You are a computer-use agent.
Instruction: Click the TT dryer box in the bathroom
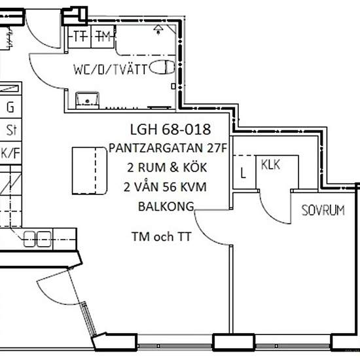(x=80, y=37)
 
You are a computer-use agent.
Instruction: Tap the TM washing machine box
(x=103, y=37)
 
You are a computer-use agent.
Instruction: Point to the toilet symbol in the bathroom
(x=162, y=67)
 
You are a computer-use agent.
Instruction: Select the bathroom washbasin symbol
(x=87, y=100)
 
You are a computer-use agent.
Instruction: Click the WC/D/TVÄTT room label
(x=110, y=69)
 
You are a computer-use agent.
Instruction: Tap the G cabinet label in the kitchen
(x=10, y=107)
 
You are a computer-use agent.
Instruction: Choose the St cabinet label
(x=11, y=130)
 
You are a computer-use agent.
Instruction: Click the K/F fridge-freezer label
(x=10, y=153)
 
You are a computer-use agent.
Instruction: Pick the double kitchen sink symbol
(x=37, y=239)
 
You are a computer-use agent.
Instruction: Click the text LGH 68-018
(x=170, y=129)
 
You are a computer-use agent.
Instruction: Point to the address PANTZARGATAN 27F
(x=168, y=148)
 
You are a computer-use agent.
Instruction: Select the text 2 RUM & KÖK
(x=167, y=168)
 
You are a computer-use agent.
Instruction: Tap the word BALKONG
(x=166, y=206)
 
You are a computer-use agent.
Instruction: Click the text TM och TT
(x=161, y=236)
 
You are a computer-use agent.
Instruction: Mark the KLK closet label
(x=271, y=164)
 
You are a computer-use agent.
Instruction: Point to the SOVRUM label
(x=323, y=210)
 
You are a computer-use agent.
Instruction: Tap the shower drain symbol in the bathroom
(x=158, y=30)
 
